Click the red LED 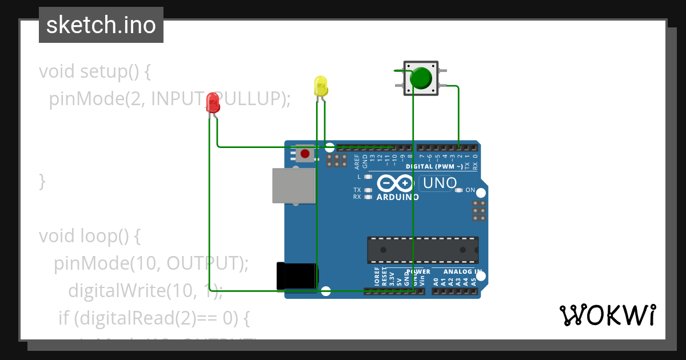(213, 102)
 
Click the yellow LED (321, 86)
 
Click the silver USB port (293, 185)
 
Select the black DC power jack (296, 276)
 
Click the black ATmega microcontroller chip (422, 250)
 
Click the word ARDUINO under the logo (397, 197)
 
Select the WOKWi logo (608, 315)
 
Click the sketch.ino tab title (101, 25)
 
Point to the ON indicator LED (459, 190)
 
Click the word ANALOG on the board (456, 271)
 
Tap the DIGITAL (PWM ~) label (434, 167)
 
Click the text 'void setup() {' (94, 71)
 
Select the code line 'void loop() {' (89, 235)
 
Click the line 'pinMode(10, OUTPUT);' (151, 263)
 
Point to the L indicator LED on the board (368, 177)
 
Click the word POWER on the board (418, 271)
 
